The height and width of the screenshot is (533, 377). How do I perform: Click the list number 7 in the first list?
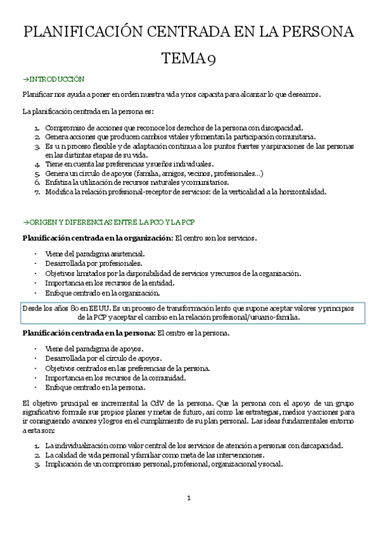point(37,192)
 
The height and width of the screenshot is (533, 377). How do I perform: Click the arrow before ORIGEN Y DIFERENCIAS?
point(25,222)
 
